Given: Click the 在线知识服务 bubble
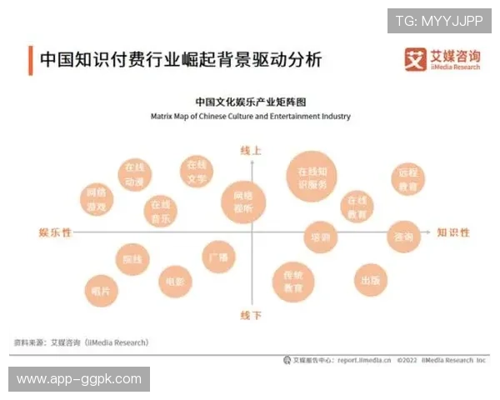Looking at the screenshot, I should click(x=312, y=177).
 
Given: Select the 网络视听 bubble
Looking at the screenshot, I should click(x=243, y=202).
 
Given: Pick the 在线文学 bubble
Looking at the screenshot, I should click(x=197, y=172).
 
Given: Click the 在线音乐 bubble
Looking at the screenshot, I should click(x=161, y=212).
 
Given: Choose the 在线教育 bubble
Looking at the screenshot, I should click(x=357, y=207).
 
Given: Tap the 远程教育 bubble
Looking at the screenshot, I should click(x=408, y=181).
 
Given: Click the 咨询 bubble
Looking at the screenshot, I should click(x=403, y=237).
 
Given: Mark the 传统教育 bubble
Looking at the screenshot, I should click(x=292, y=282).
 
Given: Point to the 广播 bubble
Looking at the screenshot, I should click(x=218, y=257).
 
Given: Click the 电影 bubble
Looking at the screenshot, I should click(x=175, y=282).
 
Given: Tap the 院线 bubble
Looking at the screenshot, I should click(x=132, y=260).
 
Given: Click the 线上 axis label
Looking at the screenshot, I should click(x=251, y=151).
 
